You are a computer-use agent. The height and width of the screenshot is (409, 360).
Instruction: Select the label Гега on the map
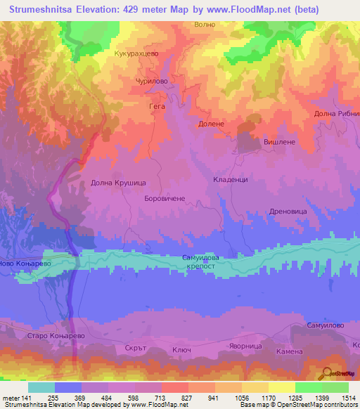(x=157, y=107)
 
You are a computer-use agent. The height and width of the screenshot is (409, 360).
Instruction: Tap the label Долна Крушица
(x=118, y=183)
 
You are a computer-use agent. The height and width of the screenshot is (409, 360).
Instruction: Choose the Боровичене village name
(x=164, y=199)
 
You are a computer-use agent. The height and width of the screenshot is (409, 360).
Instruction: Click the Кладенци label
(x=230, y=180)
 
